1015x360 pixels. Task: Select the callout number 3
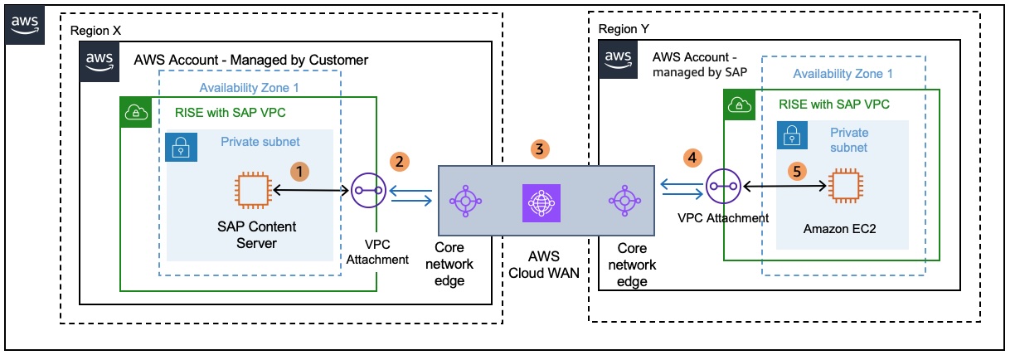pos(540,149)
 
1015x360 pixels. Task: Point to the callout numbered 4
pos(690,156)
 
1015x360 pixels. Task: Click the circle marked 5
pos(797,171)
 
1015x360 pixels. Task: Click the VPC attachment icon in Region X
pos(366,190)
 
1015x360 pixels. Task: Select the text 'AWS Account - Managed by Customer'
pos(250,61)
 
